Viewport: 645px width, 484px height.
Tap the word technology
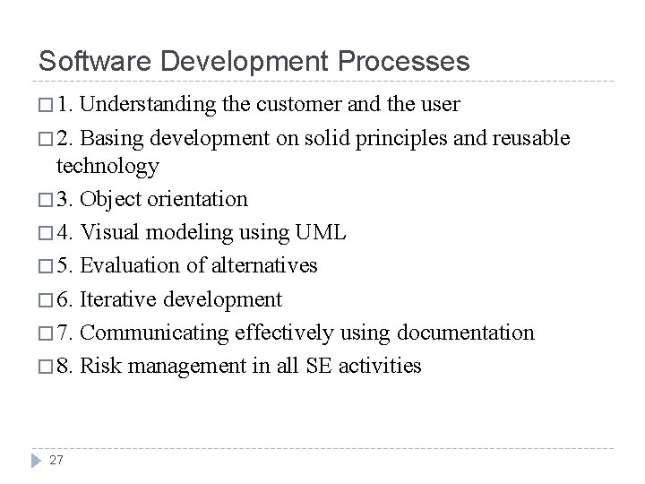[x=107, y=166]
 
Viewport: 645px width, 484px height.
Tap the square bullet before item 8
[x=45, y=367]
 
